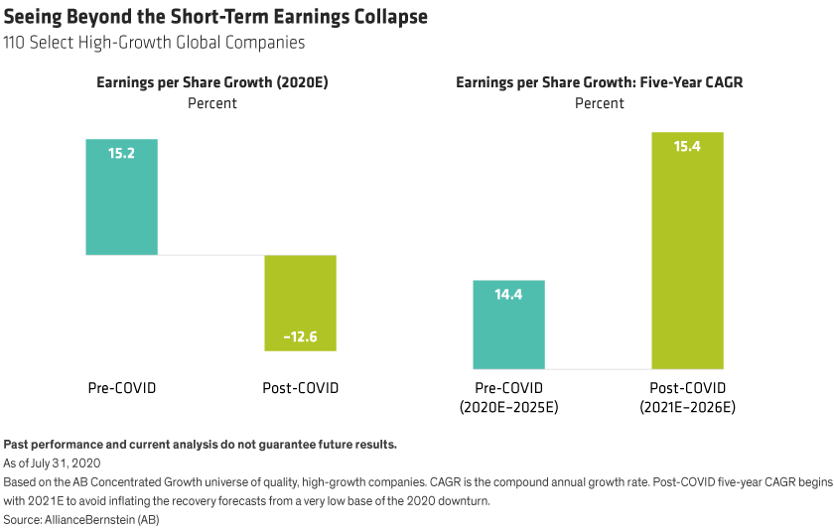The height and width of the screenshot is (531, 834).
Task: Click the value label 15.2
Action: point(121,154)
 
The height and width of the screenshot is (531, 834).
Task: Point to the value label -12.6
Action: point(300,337)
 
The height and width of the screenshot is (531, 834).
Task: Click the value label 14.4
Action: point(508,295)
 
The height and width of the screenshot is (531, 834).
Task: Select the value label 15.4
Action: point(687,147)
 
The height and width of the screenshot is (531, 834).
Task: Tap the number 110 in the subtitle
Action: point(17,43)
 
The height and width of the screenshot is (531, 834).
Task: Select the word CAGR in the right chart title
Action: point(723,83)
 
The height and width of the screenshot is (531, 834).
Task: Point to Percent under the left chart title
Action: point(212,102)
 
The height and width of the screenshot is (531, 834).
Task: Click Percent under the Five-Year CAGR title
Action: point(600,102)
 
